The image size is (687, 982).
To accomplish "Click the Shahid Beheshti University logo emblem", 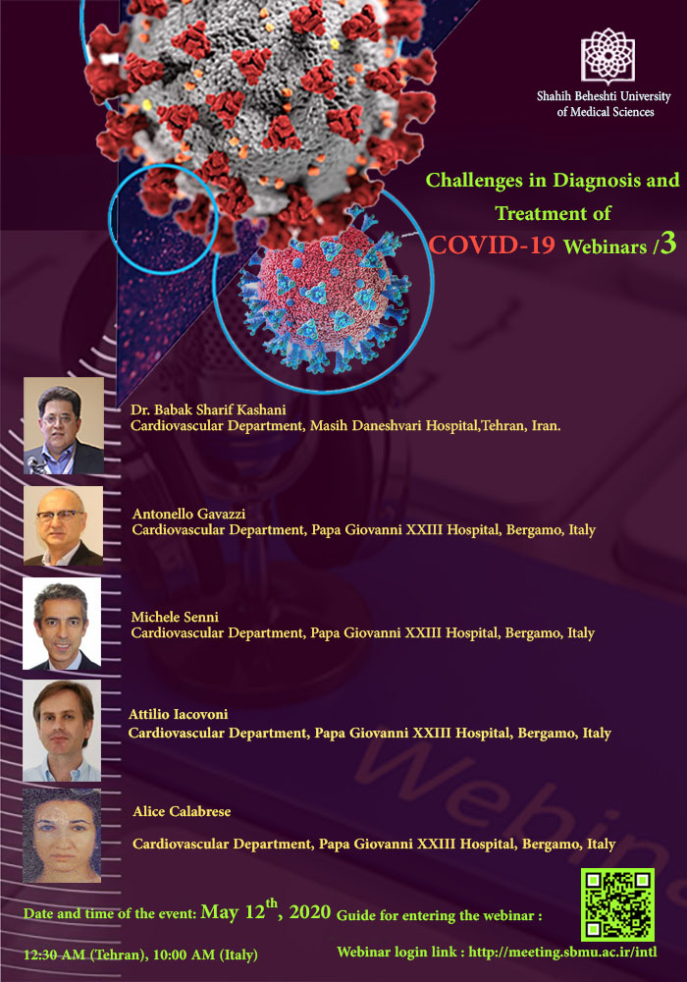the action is pyautogui.click(x=608, y=56).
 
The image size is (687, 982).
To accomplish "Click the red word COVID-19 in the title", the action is pyautogui.click(x=492, y=245).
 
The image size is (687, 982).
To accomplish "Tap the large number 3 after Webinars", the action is pyautogui.click(x=668, y=244).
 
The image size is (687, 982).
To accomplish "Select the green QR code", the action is pyautogui.click(x=617, y=904).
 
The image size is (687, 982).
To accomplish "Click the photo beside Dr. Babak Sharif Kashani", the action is pyautogui.click(x=64, y=425).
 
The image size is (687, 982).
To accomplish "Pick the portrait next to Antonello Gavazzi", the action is pyautogui.click(x=63, y=526).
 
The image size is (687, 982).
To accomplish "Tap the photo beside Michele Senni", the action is pyautogui.click(x=62, y=624).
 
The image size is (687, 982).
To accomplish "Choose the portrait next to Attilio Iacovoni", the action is pyautogui.click(x=62, y=731).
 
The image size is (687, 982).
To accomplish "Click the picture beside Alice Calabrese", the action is pyautogui.click(x=62, y=836).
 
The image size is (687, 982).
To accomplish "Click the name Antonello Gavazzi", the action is pyautogui.click(x=189, y=515).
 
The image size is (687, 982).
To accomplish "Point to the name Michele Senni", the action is pyautogui.click(x=175, y=617).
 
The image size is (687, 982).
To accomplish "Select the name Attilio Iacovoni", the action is pyautogui.click(x=178, y=714).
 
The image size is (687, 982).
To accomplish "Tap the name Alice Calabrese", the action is pyautogui.click(x=182, y=812).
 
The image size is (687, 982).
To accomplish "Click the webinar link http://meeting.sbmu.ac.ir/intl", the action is pyautogui.click(x=562, y=952).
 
